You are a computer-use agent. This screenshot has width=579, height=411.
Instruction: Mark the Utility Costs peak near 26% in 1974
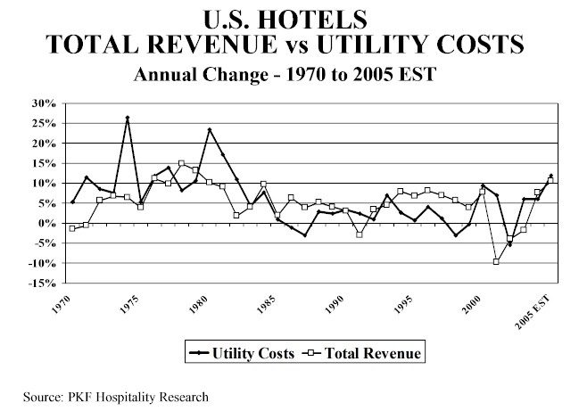(128, 118)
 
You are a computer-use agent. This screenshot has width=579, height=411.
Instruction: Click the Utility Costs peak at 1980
(210, 130)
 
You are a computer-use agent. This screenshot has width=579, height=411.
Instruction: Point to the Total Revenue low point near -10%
(496, 261)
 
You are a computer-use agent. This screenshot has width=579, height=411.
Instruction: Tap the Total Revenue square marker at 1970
(72, 228)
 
